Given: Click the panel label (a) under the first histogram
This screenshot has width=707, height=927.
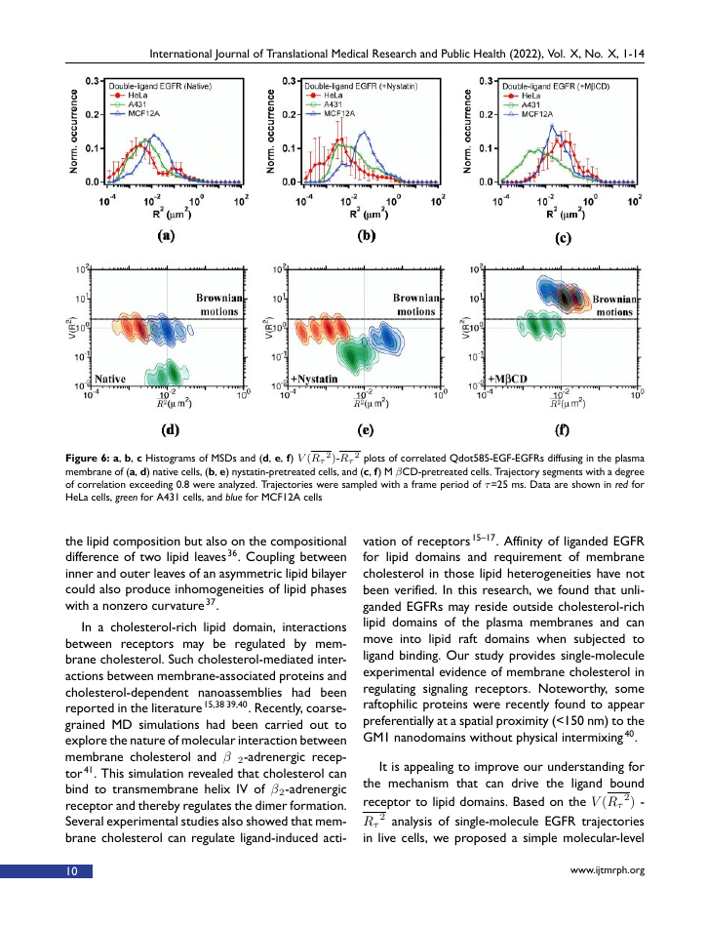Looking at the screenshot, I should (166, 237).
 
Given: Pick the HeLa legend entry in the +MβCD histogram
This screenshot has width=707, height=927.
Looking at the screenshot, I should (532, 95).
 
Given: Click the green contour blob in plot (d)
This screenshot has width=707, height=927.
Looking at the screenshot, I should (165, 373).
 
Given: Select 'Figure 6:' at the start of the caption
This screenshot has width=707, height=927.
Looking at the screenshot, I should (90, 456).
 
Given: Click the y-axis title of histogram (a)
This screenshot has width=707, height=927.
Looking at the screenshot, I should (75, 131).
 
